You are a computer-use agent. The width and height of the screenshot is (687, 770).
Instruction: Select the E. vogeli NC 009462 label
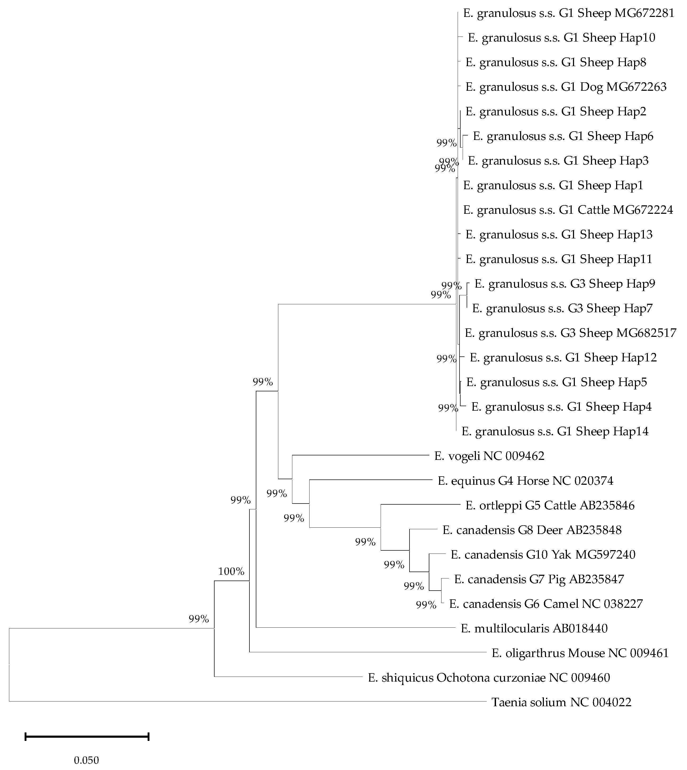pyautogui.click(x=489, y=456)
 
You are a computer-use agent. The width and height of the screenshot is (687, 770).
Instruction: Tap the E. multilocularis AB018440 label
pyautogui.click(x=534, y=628)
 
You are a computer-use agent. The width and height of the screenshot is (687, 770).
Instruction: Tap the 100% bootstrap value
pyautogui.click(x=231, y=571)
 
